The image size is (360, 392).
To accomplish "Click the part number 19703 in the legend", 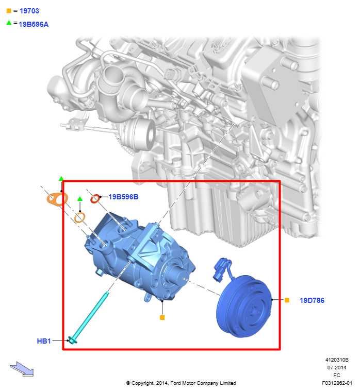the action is [x=29, y=11].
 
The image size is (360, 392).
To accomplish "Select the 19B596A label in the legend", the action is [x=34, y=24].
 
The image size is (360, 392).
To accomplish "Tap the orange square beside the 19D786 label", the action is [x=287, y=300].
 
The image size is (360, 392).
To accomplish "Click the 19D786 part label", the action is [x=312, y=300].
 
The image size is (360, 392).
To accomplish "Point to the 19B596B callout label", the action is [x=123, y=197].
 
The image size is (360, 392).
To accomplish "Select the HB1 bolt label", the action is [x=44, y=341].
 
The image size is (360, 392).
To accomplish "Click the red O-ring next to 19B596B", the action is [x=95, y=199].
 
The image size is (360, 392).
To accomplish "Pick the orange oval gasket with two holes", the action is [x=57, y=199].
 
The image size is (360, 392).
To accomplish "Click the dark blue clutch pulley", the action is [x=244, y=306].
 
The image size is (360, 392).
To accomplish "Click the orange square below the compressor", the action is [x=162, y=317].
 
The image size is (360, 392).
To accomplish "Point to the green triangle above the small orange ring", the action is [x=80, y=199].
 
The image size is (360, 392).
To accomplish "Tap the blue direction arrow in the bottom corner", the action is [x=22, y=369].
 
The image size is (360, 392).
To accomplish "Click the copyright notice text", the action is [x=181, y=383].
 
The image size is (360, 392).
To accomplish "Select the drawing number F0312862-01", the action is [x=337, y=383].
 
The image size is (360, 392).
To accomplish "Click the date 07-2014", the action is [x=337, y=367].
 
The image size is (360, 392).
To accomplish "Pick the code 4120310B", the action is [x=337, y=360].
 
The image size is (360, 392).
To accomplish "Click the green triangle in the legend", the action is [x=9, y=23].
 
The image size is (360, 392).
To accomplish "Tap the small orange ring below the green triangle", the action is [x=80, y=217].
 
